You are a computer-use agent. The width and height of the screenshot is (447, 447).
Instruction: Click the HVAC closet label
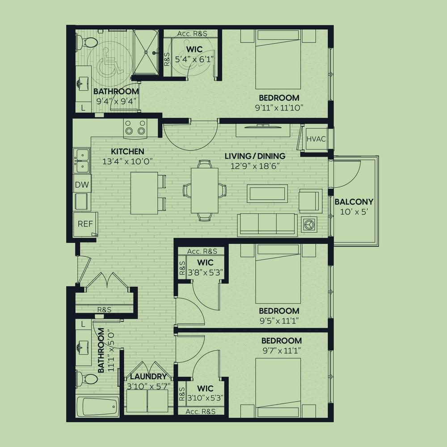coord(316,139)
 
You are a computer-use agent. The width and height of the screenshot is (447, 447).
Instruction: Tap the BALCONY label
coord(354,202)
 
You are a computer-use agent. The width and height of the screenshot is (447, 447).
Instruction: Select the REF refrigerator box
coord(85,224)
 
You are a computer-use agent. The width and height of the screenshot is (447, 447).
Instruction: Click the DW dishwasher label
coord(82,185)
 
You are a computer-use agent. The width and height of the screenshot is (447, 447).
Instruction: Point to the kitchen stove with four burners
coord(135,127)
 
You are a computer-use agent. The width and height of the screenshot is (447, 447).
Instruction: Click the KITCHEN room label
coord(127,151)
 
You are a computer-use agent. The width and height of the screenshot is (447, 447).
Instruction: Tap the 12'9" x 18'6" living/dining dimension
coord(255,166)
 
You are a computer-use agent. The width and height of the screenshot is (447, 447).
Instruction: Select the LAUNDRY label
coord(148,376)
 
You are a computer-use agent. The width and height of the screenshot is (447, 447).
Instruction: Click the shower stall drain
coord(146,52)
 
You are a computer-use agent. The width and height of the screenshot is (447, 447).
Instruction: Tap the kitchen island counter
coord(144,193)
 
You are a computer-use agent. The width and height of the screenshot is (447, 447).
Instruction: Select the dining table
coord(205,190)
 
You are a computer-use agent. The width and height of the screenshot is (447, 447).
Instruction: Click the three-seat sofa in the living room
coord(267,225)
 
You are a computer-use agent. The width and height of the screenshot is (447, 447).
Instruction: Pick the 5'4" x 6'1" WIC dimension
coord(194,59)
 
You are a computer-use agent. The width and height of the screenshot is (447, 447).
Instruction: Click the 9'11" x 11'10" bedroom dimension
coord(279,108)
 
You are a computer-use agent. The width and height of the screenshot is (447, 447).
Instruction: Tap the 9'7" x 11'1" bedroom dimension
coord(282,350)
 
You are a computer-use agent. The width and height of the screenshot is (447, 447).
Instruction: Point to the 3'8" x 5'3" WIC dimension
coord(205,273)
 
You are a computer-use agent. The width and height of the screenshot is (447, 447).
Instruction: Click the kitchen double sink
coord(81,160)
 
